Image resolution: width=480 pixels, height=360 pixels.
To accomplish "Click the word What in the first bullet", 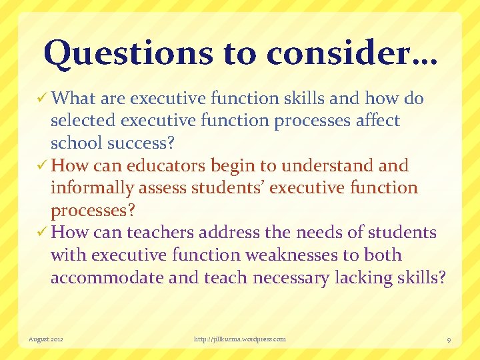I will (73, 99).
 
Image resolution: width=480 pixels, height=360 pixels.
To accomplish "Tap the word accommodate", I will (107, 277).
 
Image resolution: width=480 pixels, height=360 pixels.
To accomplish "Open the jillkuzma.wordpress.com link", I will (239, 339).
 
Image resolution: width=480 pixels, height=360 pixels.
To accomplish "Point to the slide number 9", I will (449, 339).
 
